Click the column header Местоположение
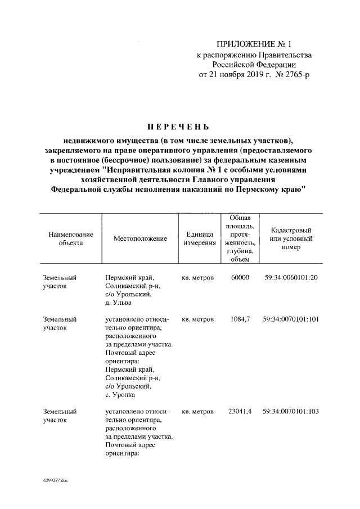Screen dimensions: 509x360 coord(140,239)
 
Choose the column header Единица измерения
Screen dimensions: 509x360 coord(198,239)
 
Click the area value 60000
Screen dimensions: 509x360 coord(240,278)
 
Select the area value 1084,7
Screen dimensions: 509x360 coord(240,319)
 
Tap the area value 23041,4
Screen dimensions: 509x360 coord(240,412)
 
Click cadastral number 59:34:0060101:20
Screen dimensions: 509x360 coord(291,278)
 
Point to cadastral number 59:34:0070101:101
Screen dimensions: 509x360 coord(291,319)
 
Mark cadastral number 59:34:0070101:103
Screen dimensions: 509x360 coord(291,412)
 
